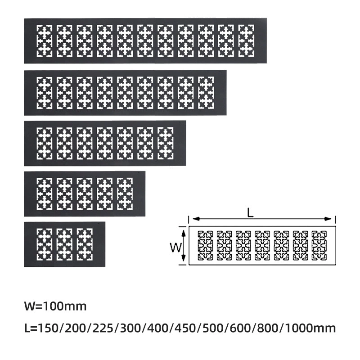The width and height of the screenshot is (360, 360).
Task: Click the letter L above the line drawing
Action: [x=251, y=213]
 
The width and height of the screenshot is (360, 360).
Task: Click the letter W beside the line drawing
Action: [x=176, y=248]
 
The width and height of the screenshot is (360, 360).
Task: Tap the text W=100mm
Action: [x=55, y=306]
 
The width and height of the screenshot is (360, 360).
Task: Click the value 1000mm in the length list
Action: [x=310, y=328]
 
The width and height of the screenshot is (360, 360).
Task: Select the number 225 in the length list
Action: [x=103, y=328]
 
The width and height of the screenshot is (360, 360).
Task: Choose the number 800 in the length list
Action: [x=267, y=328]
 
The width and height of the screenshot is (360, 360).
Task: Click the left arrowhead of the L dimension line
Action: [x=195, y=219]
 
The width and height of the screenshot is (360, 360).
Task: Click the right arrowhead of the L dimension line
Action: [x=328, y=219]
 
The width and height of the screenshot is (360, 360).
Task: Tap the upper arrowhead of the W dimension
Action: [x=183, y=234]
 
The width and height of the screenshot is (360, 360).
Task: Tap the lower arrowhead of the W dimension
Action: [x=183, y=258]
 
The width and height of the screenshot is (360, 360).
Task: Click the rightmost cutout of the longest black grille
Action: [x=246, y=41]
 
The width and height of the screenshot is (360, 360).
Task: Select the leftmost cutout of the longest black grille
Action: [x=45, y=41]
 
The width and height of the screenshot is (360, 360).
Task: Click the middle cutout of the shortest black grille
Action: [x=64, y=244]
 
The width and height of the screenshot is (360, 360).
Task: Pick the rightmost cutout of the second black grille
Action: [x=206, y=93]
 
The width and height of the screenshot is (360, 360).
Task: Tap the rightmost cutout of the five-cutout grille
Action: [x=125, y=194]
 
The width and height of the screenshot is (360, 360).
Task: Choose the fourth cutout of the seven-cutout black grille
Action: [x=105, y=143]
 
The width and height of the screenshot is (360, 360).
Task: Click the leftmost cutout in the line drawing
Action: [x=205, y=246]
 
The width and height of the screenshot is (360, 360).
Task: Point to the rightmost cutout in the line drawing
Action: [x=319, y=246]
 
